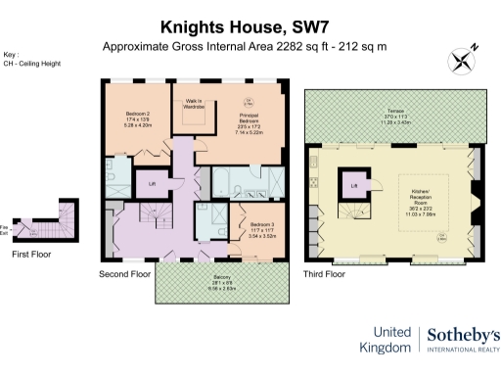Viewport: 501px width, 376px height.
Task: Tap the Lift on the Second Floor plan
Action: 152,183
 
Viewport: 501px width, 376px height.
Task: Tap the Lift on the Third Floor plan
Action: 354,182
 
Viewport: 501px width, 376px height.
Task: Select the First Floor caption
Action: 32,254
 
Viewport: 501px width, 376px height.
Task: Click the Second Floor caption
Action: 125,274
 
